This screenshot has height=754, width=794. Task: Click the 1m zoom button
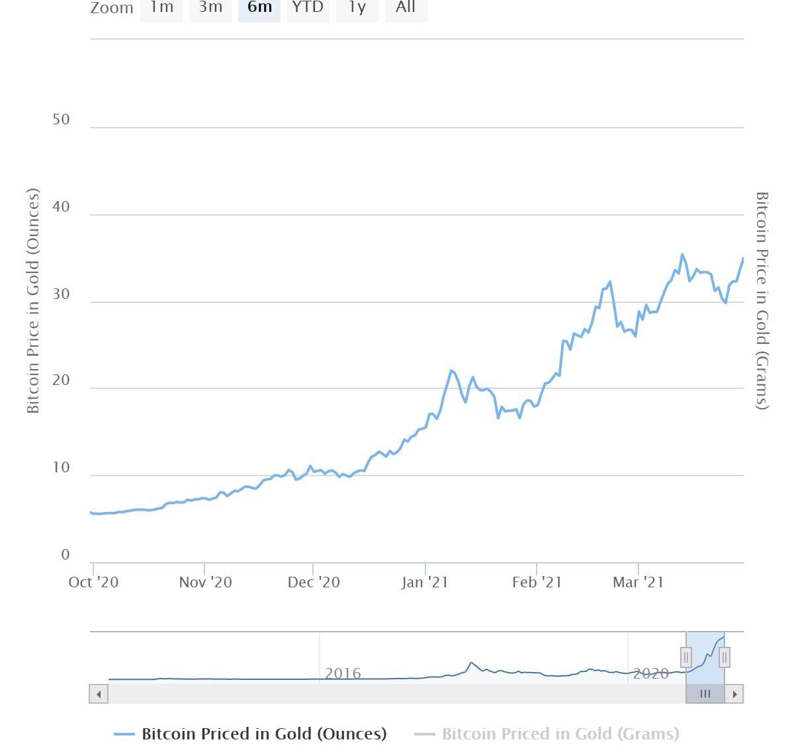click(161, 8)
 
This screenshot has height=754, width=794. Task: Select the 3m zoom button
click(210, 8)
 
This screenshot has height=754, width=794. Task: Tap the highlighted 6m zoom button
click(259, 8)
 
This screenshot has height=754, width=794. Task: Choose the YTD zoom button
click(308, 8)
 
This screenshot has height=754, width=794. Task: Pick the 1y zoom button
click(357, 8)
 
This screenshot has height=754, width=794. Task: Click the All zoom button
click(406, 8)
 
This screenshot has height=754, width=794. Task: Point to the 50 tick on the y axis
click(61, 120)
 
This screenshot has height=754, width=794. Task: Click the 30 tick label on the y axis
click(61, 294)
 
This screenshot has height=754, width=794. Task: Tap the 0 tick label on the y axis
click(65, 555)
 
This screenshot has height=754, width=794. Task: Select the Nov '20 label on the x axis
click(205, 582)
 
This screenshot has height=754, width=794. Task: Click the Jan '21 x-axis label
click(425, 582)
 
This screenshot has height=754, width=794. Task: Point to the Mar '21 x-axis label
click(638, 582)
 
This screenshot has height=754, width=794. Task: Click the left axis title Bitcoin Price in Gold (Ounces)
click(33, 301)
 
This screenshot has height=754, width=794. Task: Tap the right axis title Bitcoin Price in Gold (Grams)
click(762, 301)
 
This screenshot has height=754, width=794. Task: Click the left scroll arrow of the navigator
click(99, 694)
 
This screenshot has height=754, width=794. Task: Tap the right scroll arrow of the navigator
click(734, 694)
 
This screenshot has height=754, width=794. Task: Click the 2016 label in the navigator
click(343, 673)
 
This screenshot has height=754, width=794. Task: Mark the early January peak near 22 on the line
click(451, 370)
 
